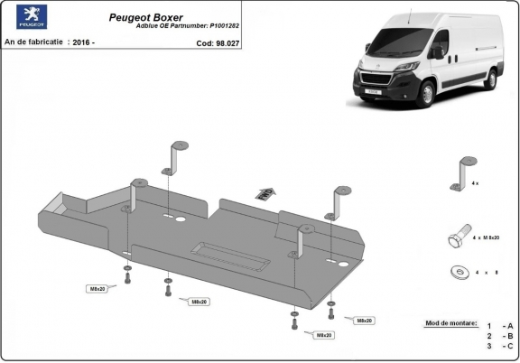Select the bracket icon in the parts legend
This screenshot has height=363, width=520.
point(461,168)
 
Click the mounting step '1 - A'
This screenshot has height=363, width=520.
point(499,324)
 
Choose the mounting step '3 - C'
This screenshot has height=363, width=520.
point(499,345)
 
